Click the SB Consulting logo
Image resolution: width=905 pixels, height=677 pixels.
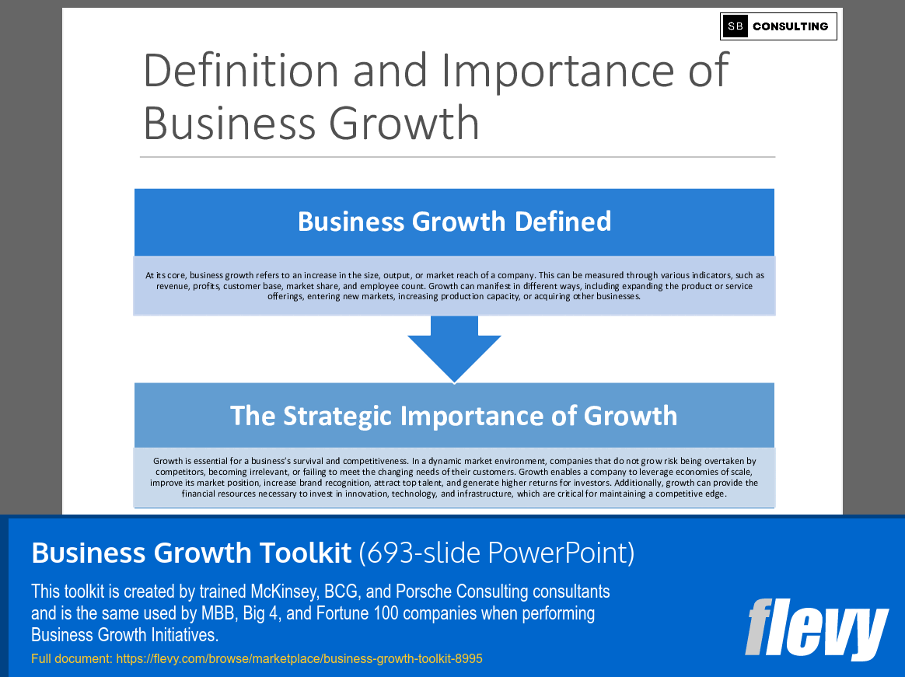(x=778, y=26)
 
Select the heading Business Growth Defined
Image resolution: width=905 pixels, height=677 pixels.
(x=454, y=222)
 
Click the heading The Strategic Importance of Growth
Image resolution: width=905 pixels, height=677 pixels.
(x=454, y=415)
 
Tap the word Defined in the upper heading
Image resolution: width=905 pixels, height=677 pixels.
(x=563, y=222)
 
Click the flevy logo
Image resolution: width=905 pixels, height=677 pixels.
(x=816, y=628)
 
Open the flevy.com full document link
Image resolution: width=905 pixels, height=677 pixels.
(x=299, y=658)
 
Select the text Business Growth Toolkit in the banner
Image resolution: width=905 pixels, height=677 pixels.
(x=191, y=553)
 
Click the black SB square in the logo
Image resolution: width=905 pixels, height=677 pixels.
(x=735, y=26)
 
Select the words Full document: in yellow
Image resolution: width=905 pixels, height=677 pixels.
(x=72, y=658)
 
